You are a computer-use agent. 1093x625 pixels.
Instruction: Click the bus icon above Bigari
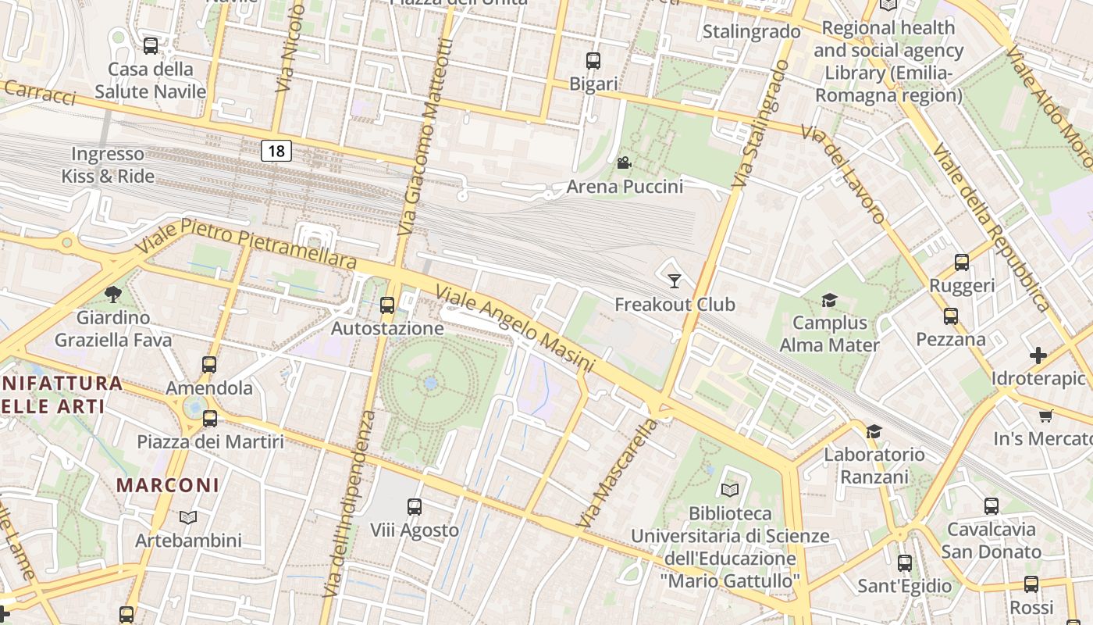click(593, 60)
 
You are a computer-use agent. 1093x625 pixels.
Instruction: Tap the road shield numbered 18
click(276, 150)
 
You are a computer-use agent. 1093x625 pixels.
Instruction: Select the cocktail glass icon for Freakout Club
click(675, 280)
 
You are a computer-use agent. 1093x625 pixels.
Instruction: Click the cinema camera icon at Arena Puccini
click(624, 162)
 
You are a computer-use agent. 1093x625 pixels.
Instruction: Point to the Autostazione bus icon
click(387, 305)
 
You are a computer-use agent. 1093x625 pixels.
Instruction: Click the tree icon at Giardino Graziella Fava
click(113, 294)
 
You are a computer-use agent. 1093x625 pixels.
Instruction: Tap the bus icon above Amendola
click(209, 364)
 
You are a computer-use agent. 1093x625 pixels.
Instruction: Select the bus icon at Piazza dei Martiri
click(210, 418)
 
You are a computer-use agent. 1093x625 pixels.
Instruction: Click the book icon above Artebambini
click(188, 517)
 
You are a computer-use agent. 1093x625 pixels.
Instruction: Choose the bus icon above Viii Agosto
click(415, 507)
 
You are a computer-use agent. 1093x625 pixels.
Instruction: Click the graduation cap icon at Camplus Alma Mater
click(829, 300)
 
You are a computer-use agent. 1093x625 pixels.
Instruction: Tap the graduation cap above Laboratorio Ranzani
click(874, 431)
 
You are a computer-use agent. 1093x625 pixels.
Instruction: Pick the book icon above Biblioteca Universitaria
click(730, 490)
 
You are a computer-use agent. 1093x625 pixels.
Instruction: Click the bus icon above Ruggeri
click(962, 262)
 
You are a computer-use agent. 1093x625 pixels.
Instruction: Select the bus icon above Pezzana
click(951, 316)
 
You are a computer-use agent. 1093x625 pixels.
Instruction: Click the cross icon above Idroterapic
click(1038, 355)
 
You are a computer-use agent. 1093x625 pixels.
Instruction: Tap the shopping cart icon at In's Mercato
click(1046, 416)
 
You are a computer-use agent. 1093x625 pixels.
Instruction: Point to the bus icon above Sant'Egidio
click(905, 562)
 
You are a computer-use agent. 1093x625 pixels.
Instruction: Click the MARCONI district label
click(168, 484)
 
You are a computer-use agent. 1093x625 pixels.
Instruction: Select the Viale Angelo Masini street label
click(515, 329)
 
